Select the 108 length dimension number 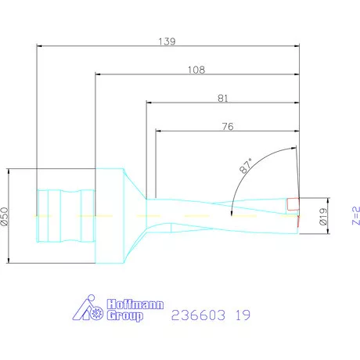196,69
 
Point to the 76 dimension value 228,124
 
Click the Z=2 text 355,214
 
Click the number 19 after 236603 245,316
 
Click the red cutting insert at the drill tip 293,205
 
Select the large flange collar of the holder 109,215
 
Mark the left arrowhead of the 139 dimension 41,45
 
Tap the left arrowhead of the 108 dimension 99,75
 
